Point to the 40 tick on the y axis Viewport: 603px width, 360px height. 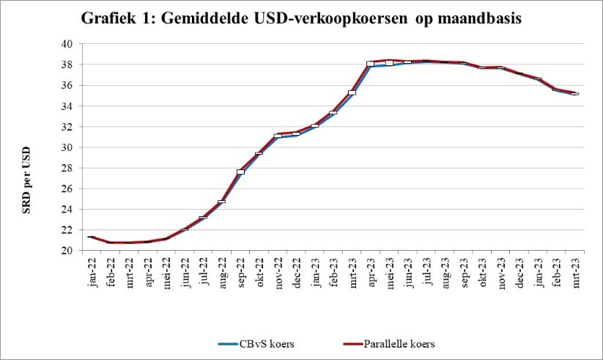point(66,44)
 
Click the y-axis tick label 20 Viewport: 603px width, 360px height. point(66,250)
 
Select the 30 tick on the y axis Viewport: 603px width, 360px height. point(66,147)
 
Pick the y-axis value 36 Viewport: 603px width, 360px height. point(66,85)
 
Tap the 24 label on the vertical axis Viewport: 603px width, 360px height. point(66,209)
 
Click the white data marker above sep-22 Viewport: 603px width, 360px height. point(240,172)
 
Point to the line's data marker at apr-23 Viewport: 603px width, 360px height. point(371,64)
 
